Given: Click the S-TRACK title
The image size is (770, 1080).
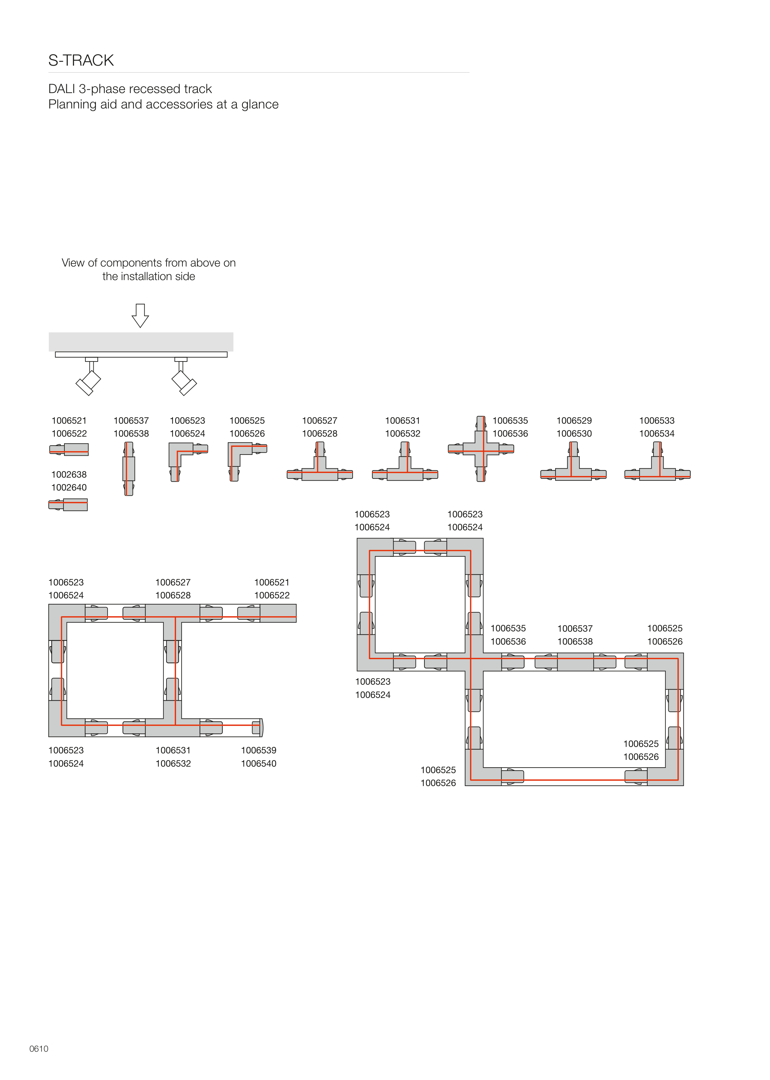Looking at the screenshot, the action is [x=81, y=60].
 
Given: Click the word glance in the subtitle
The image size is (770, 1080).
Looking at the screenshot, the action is [x=260, y=105].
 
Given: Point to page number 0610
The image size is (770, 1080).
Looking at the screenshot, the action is [x=39, y=1049].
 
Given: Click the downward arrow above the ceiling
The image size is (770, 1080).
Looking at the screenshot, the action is [x=140, y=316].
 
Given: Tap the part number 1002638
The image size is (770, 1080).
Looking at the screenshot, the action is [x=69, y=474].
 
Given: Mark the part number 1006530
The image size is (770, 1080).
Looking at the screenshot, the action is [x=574, y=433].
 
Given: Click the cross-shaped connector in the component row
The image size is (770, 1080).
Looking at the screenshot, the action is [x=481, y=449].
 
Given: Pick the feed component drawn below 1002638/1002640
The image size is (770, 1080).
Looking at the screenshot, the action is [x=68, y=505].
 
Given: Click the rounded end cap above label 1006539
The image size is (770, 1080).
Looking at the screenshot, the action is [x=258, y=727].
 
